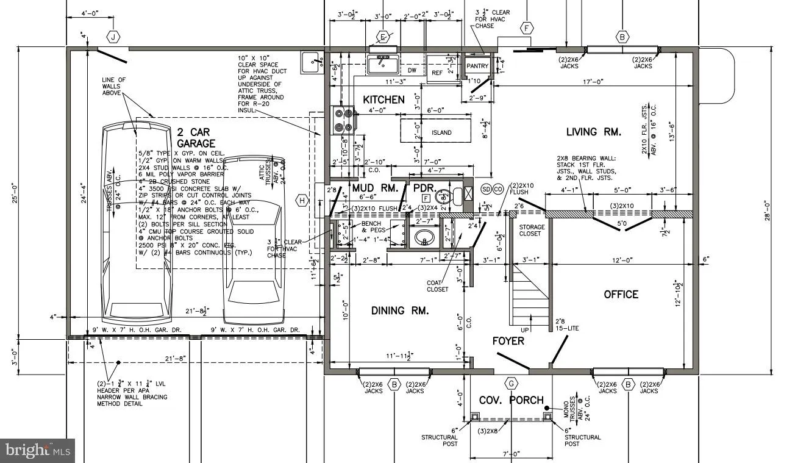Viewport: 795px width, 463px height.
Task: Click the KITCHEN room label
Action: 383,99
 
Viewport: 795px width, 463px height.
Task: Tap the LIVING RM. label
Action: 593,132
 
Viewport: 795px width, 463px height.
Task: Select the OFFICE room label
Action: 621,295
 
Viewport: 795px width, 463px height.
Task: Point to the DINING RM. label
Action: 400,311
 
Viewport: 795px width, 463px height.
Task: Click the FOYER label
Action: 508,341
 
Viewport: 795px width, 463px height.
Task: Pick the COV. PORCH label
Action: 511,400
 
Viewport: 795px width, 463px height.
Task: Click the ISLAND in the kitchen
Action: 441,132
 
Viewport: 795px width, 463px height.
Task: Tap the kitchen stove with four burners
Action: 343,120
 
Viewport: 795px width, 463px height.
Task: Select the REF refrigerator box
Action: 437,72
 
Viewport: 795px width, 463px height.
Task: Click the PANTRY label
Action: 477,66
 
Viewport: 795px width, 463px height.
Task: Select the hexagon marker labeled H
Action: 301,200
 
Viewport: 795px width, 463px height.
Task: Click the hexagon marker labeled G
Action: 511,383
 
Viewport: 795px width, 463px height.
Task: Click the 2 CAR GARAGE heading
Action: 196,137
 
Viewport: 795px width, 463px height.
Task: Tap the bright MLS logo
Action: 37,451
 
